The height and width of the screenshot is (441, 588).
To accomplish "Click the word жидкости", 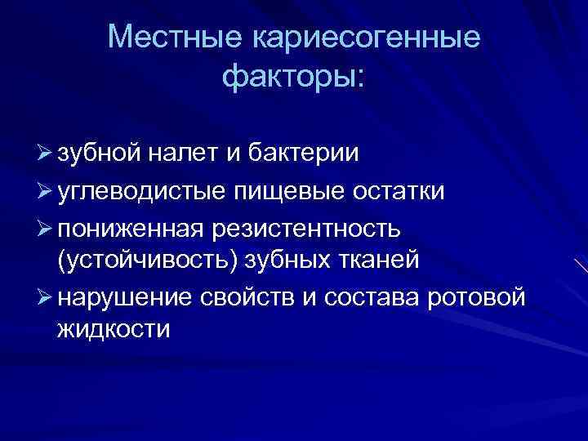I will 114,331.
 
